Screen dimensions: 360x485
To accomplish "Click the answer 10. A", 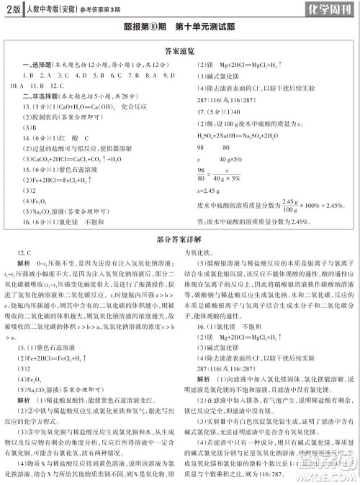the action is (x=15, y=85).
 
